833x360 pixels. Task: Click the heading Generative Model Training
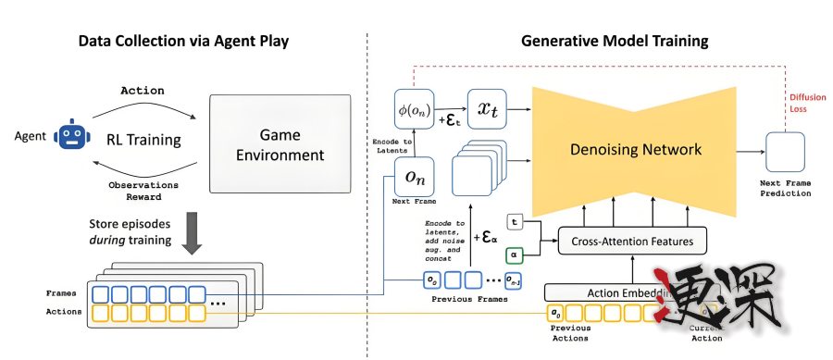pos(615,42)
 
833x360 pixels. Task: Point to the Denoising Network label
pos(637,149)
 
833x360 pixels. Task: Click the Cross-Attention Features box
pos(627,242)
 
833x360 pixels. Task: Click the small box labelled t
pos(515,220)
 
